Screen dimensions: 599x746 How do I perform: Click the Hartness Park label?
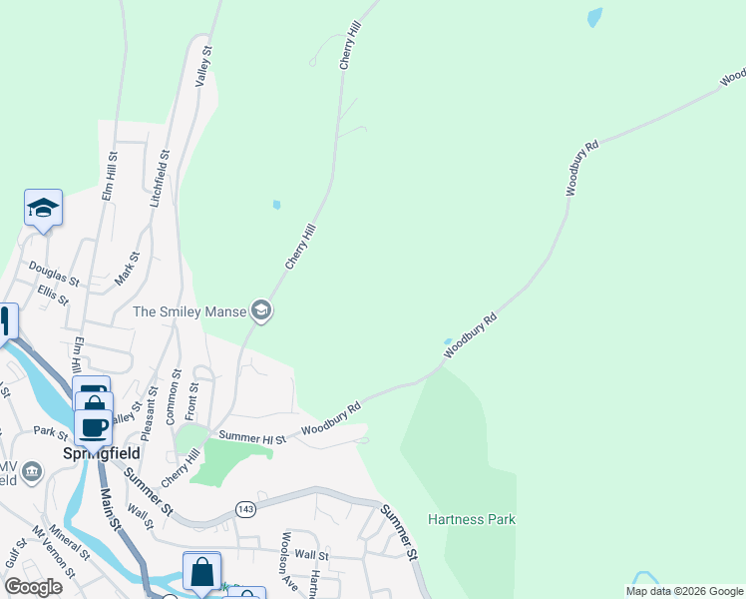471,519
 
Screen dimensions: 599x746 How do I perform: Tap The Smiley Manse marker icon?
261,311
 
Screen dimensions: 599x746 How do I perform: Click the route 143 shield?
243,509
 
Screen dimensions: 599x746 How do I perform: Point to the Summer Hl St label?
252,437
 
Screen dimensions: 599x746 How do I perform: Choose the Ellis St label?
52,296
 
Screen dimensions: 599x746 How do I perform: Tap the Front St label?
194,400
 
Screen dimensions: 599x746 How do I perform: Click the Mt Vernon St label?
54,552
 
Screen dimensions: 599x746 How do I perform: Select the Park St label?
49,432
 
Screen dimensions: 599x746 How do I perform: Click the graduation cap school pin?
43,208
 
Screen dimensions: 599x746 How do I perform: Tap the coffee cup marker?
93,427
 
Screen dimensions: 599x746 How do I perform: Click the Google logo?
33,587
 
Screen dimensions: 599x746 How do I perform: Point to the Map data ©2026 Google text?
683,591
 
